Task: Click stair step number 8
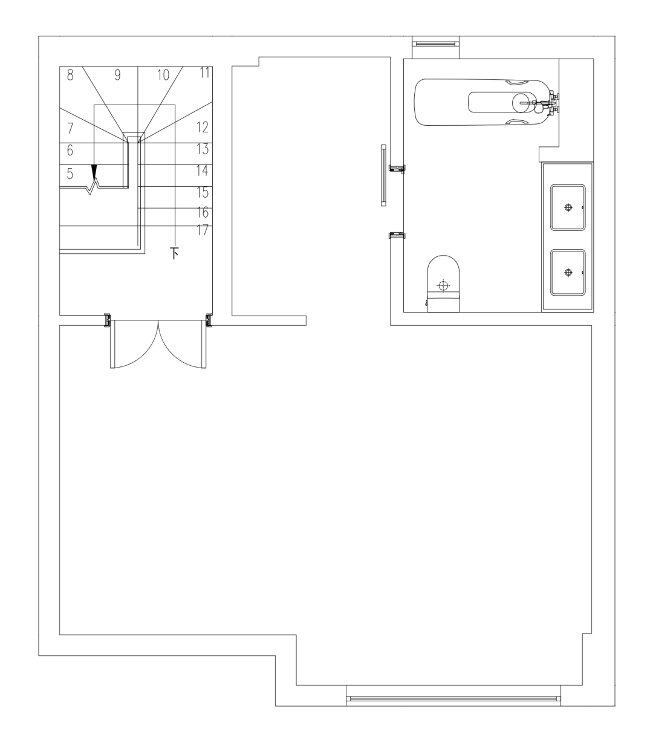[70, 75]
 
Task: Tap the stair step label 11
[205, 73]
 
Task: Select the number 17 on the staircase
[203, 230]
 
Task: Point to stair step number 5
[70, 174]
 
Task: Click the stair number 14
[203, 170]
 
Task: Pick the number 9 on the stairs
[117, 75]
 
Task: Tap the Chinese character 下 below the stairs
[174, 253]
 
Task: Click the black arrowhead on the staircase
[94, 172]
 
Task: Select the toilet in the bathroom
[443, 284]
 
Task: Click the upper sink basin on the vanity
[568, 207]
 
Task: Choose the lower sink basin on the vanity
[568, 273]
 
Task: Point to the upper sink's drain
[568, 207]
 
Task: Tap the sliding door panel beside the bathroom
[383, 175]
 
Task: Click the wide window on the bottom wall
[453, 699]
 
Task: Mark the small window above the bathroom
[435, 44]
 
